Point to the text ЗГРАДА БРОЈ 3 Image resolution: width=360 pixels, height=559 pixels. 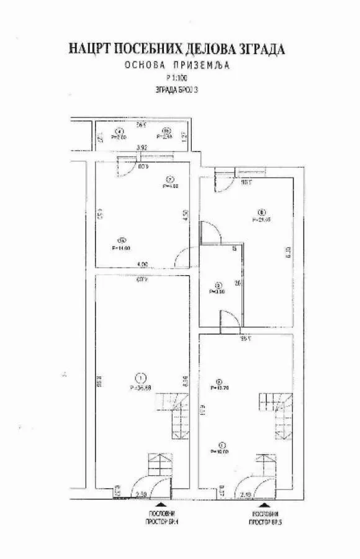(x=179, y=89)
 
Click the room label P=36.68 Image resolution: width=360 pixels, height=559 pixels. (x=141, y=386)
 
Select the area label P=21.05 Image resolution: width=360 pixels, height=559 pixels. (x=263, y=219)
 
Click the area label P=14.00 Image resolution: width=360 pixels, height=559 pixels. (x=120, y=248)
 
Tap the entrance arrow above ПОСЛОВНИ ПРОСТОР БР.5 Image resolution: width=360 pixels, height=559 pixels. (x=266, y=506)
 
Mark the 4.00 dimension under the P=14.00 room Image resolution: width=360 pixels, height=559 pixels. (x=142, y=265)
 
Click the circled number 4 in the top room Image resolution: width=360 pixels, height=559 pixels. (x=119, y=130)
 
